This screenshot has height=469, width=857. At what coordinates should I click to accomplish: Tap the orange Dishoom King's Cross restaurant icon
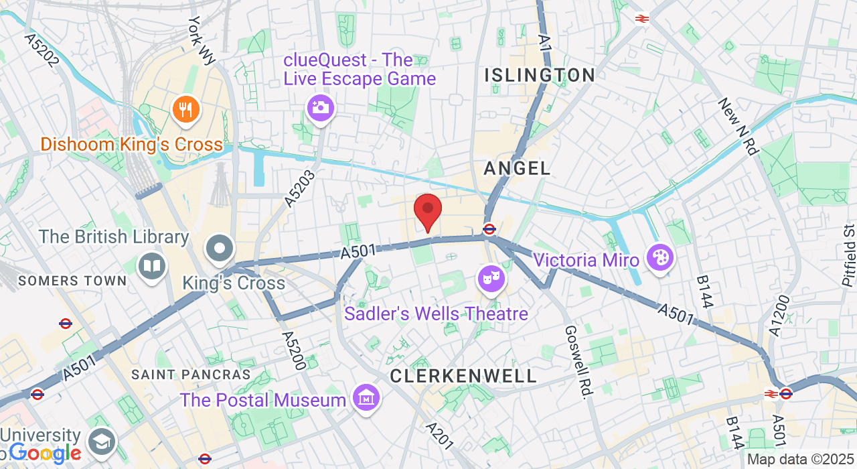(186, 109)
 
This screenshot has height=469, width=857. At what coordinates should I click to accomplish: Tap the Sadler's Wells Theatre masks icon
(490, 278)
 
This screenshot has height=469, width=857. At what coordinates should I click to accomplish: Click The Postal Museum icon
(366, 400)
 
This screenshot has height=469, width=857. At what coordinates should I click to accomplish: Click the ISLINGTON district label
(540, 75)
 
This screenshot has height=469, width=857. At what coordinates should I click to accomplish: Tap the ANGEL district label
(517, 168)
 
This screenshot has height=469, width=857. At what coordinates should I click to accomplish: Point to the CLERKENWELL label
(463, 376)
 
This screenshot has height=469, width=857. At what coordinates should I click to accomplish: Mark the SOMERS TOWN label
(72, 281)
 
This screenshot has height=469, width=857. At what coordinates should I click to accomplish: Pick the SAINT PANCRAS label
(191, 375)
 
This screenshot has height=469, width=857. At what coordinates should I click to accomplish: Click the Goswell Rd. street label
(576, 362)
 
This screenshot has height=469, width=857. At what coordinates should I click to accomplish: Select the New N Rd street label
(738, 126)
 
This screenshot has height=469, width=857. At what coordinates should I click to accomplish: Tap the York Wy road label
(202, 40)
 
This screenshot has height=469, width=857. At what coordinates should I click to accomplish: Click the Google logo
(45, 454)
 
